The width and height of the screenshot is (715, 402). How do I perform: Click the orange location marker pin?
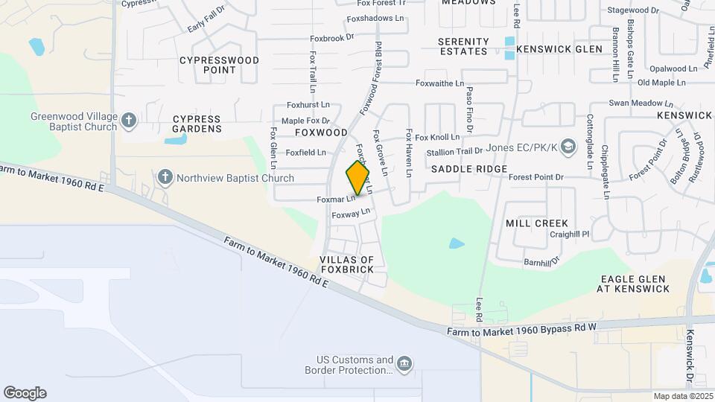pos(357,177)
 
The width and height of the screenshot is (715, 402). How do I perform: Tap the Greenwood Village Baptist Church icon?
pos(129,120)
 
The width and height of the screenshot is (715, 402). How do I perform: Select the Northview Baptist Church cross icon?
pos(165,177)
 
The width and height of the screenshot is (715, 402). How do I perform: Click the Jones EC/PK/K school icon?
pos(568,146)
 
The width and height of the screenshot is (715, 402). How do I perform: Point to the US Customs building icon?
pos(404,363)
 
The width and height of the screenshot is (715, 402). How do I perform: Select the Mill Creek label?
pos(536,223)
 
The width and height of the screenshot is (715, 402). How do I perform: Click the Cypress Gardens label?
pos(197,124)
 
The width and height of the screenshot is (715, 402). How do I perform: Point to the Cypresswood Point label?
pos(219,65)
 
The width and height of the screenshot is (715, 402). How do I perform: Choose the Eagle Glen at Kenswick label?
pos(635,284)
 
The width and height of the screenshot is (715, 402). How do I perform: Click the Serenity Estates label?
pos(463,46)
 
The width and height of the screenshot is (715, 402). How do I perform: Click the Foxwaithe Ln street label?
pos(439,84)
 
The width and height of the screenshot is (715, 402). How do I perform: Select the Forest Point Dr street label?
pos(536,177)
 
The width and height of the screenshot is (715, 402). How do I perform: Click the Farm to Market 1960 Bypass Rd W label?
pos(521,329)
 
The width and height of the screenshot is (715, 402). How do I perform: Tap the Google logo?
pos(25,393)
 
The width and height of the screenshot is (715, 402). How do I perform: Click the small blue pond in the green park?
pos(457,243)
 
